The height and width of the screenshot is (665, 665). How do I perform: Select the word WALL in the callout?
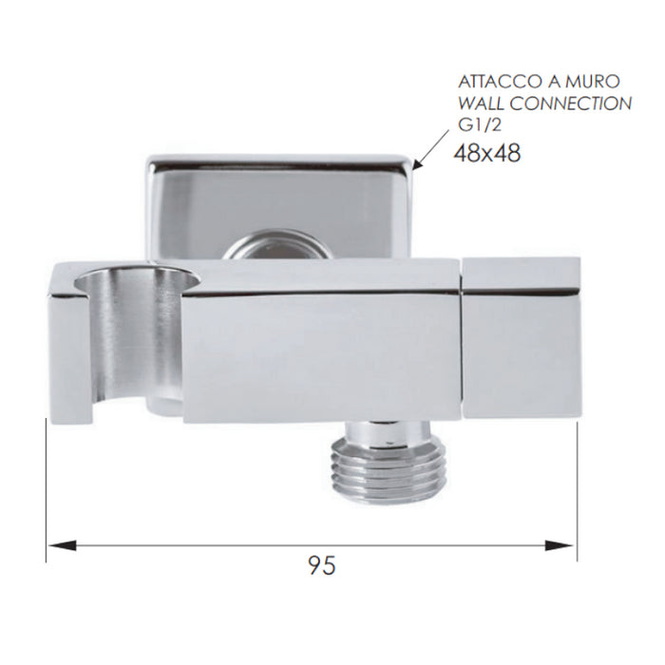click(x=482, y=104)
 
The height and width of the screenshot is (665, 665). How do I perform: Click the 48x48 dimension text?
click(x=487, y=153)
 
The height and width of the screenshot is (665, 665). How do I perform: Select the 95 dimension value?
click(x=322, y=565)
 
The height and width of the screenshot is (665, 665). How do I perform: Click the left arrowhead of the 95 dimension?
click(x=62, y=545)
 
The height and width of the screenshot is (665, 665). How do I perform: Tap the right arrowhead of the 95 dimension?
click(x=559, y=545)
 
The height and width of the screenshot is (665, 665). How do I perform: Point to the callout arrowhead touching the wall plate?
click(x=420, y=163)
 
